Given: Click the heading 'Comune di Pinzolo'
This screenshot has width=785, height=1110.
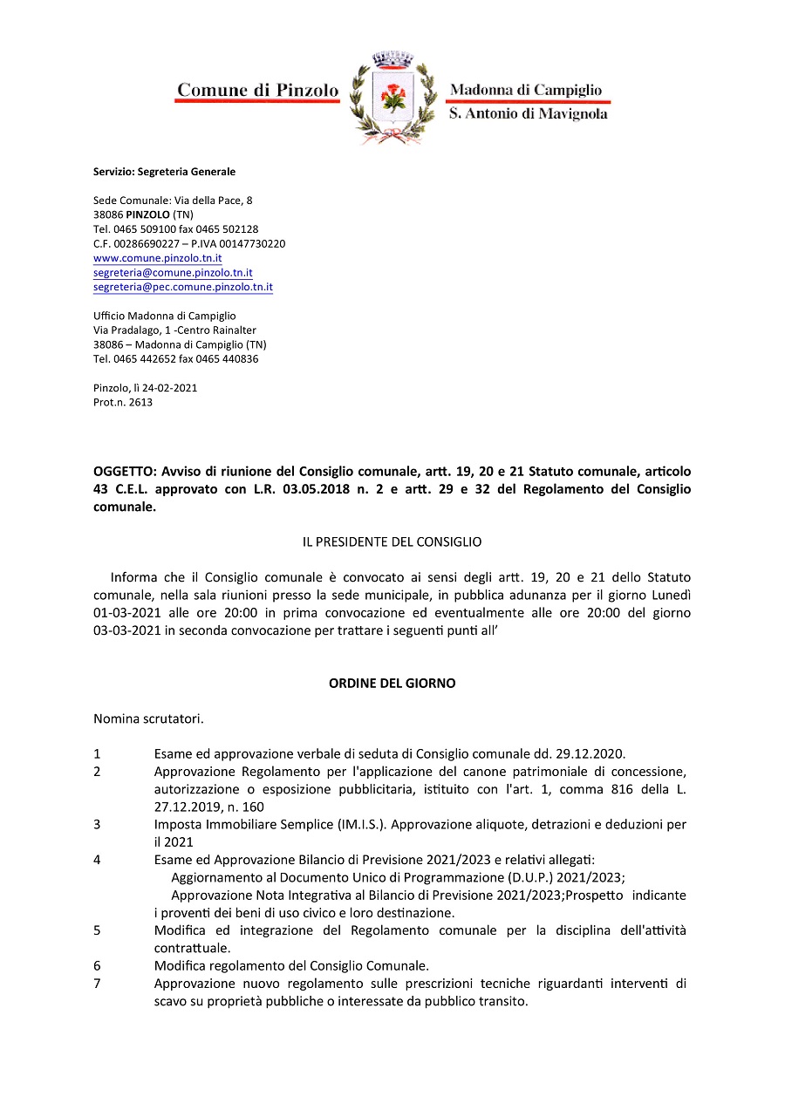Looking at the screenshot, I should pyautogui.click(x=257, y=90).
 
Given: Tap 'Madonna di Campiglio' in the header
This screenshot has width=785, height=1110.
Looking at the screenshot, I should pyautogui.click(x=525, y=90).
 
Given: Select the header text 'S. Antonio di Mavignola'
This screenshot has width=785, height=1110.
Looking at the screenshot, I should pyautogui.click(x=528, y=114).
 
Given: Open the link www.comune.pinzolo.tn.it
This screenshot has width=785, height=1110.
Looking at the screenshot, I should pyautogui.click(x=157, y=258).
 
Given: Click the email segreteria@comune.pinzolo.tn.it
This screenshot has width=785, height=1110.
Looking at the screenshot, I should pyautogui.click(x=173, y=273).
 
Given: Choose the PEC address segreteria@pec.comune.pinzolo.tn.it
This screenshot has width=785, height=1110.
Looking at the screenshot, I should pyautogui.click(x=183, y=287).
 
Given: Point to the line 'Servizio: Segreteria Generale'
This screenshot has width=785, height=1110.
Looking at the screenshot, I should pyautogui.click(x=164, y=172).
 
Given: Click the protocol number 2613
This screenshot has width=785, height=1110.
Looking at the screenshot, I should pyautogui.click(x=140, y=402).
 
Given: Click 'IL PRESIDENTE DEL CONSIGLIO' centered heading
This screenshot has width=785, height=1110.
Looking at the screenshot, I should pyautogui.click(x=392, y=541).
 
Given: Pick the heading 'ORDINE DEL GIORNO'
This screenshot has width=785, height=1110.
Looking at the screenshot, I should pyautogui.click(x=392, y=684).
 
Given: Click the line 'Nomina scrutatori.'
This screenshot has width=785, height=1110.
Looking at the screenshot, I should pyautogui.click(x=148, y=719).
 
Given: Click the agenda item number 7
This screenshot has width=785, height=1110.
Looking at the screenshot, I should pyautogui.click(x=97, y=984).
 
